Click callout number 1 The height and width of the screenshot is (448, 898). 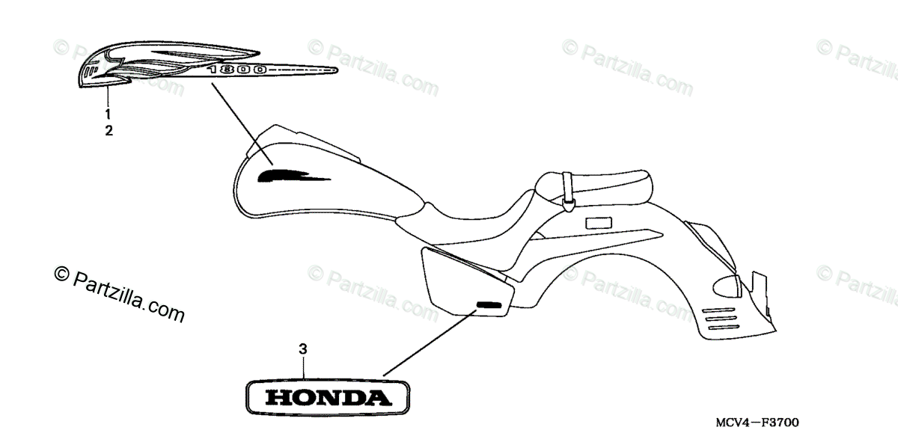[108, 114]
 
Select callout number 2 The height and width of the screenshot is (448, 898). [109, 131]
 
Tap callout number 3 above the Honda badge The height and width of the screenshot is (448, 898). [303, 349]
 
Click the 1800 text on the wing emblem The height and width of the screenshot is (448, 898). [238, 70]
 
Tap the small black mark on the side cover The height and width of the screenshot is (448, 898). [489, 304]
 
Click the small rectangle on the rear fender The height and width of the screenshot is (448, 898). [599, 222]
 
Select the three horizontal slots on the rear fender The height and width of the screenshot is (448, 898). [723, 319]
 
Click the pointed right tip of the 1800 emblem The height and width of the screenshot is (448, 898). [335, 72]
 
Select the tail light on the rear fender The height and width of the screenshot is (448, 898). [730, 284]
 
